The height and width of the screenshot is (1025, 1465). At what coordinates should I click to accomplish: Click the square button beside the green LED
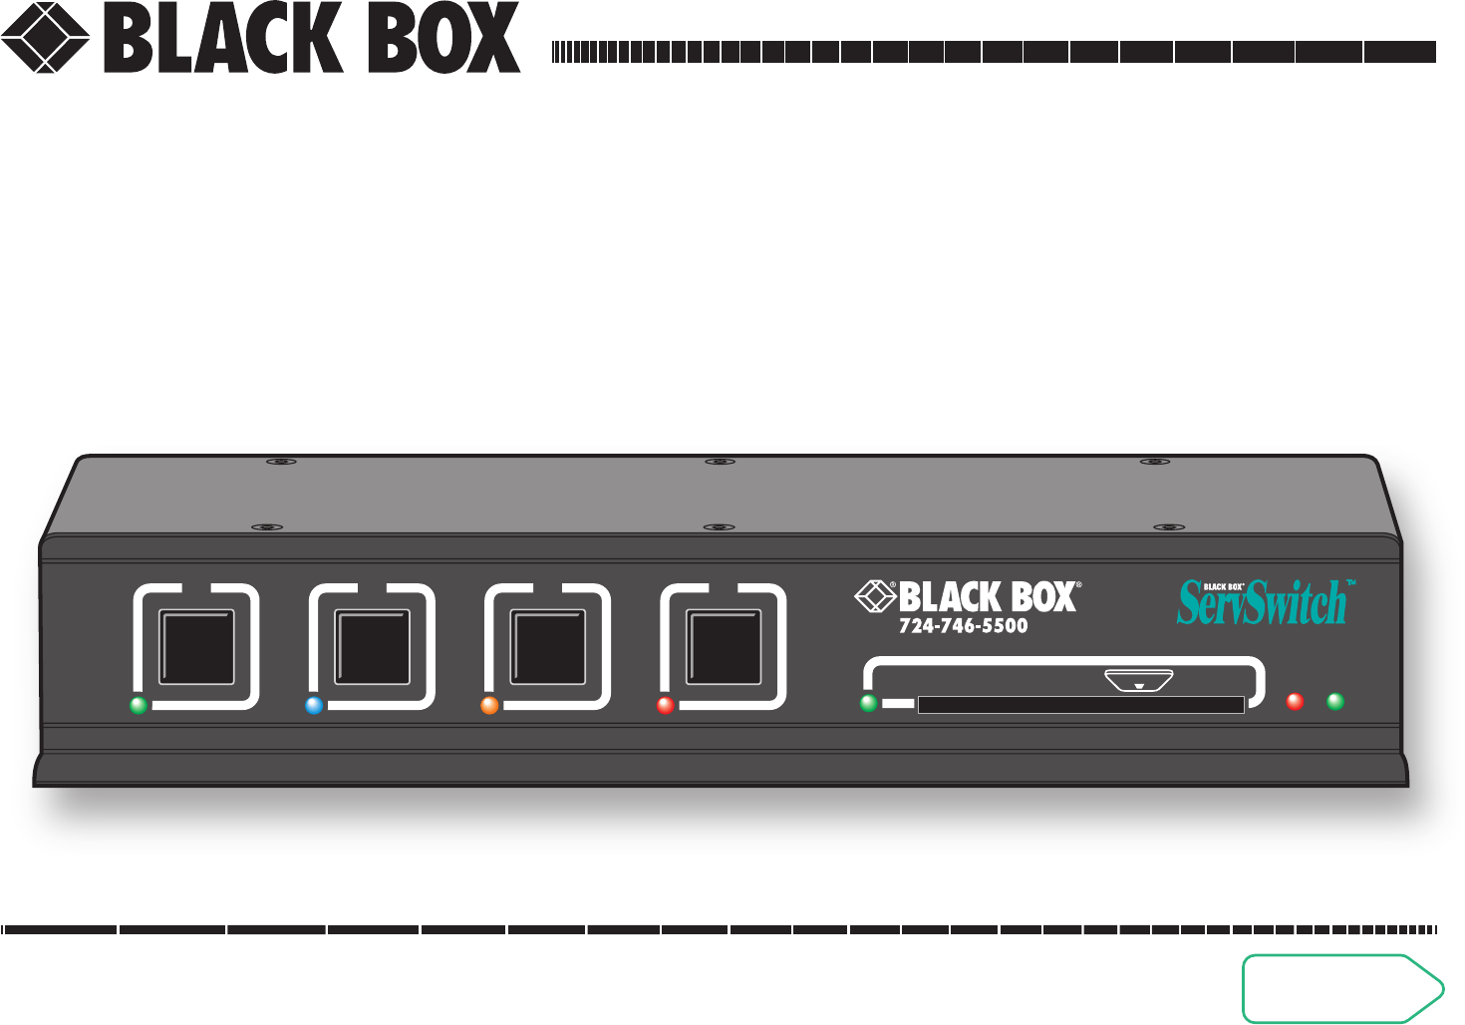197,647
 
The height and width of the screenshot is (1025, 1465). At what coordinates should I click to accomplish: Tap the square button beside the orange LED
548,647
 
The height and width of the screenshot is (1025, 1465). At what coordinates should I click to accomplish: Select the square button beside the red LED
725,647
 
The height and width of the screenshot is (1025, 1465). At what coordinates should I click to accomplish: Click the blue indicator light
314,706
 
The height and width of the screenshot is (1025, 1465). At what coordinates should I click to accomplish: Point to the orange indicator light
489,706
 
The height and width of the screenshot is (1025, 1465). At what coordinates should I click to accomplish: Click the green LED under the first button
139,706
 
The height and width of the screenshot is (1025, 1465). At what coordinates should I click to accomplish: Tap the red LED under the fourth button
665,706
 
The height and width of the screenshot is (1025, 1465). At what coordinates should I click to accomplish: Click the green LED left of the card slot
869,703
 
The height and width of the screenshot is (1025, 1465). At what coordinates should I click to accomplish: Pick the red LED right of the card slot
1295,701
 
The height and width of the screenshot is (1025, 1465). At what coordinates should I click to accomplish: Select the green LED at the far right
1335,701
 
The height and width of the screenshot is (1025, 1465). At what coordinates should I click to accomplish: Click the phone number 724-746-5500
963,626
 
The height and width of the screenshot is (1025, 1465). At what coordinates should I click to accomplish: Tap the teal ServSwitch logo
1264,602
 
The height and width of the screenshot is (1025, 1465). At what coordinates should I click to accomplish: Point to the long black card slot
1080,706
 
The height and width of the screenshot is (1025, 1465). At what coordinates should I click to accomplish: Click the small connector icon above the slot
1139,683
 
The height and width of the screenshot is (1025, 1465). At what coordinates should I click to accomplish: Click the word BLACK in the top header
223,39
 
